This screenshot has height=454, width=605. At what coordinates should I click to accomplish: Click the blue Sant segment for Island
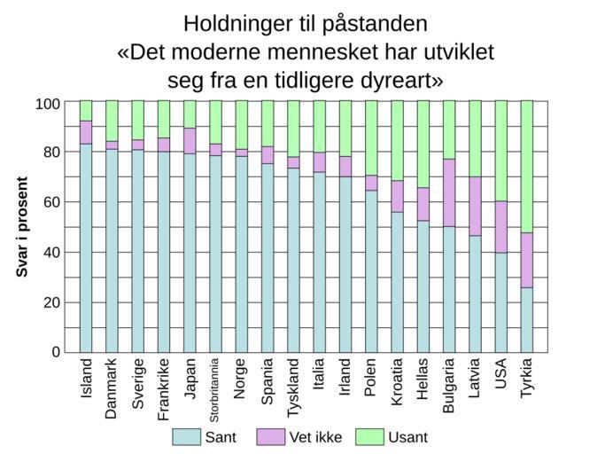pos(86,247)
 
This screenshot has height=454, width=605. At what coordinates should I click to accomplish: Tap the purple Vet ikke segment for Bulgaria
pos(449,192)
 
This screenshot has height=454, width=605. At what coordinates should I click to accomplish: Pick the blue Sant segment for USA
pos(501,302)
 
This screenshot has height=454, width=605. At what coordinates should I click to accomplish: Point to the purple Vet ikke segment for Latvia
pos(476,206)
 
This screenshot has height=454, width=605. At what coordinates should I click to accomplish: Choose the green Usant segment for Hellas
pos(423,144)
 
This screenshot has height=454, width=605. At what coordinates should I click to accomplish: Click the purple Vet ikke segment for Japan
pos(190,140)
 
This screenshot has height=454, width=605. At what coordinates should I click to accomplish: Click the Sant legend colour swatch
pos(186,436)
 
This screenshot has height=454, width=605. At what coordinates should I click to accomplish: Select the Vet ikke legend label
pos(316,437)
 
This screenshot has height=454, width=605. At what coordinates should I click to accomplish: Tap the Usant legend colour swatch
pos(369,436)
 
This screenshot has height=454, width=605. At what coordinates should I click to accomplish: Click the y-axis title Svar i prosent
pos(23,227)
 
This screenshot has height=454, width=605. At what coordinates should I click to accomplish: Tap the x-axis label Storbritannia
pos(214,390)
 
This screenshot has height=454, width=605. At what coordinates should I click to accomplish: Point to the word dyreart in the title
pos(396,81)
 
